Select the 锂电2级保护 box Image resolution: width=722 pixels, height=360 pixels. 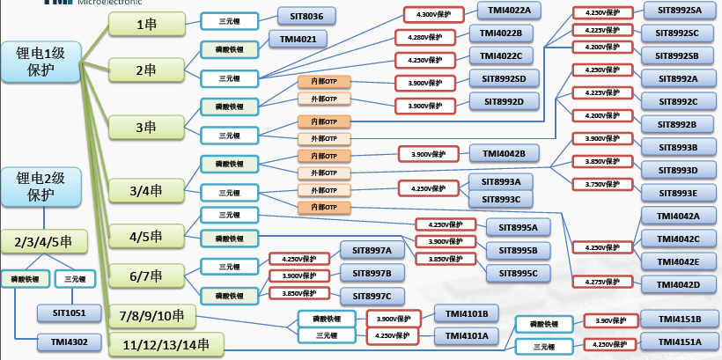[x=41, y=187]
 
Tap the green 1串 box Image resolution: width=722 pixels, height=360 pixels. [x=146, y=25]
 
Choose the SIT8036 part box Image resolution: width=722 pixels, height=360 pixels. [x=306, y=15]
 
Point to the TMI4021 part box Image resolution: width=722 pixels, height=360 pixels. [x=298, y=39]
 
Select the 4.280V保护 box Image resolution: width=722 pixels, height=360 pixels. [x=425, y=38]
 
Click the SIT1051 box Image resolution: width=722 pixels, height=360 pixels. [x=69, y=312]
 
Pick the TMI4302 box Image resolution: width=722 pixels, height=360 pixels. [x=69, y=340]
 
